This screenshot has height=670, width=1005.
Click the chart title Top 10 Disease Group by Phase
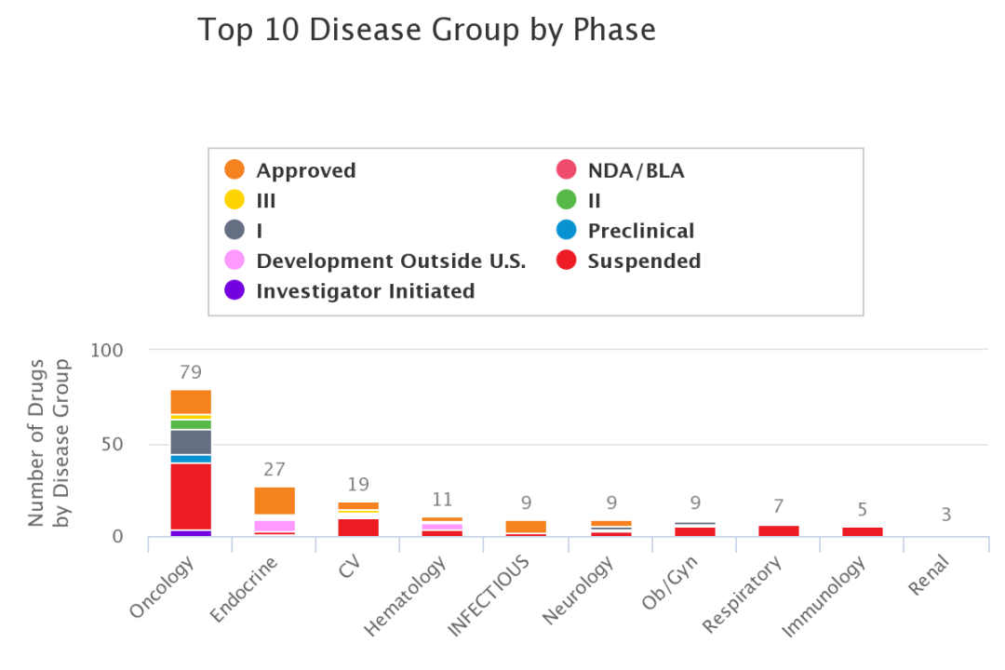(x=426, y=30)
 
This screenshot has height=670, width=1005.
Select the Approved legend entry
(x=305, y=171)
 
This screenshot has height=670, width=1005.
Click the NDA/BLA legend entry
(x=636, y=171)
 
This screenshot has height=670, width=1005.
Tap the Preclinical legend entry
(x=640, y=231)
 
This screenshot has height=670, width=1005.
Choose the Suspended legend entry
(x=644, y=261)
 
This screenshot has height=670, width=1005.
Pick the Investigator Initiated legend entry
(x=365, y=291)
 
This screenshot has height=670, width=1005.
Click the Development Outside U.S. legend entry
(x=390, y=261)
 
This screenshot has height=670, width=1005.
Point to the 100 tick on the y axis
(x=108, y=351)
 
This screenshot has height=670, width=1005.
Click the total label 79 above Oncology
(x=191, y=373)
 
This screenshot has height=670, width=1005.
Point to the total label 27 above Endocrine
(x=275, y=470)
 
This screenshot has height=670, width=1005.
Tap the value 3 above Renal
(x=945, y=515)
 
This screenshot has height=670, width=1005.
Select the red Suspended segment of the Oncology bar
(x=191, y=496)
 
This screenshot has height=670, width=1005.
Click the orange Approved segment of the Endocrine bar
(x=275, y=501)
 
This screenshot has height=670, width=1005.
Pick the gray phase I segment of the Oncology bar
(x=191, y=442)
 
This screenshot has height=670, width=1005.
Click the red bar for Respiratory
(x=778, y=530)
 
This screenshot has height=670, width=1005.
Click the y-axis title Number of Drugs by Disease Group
(x=49, y=442)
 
